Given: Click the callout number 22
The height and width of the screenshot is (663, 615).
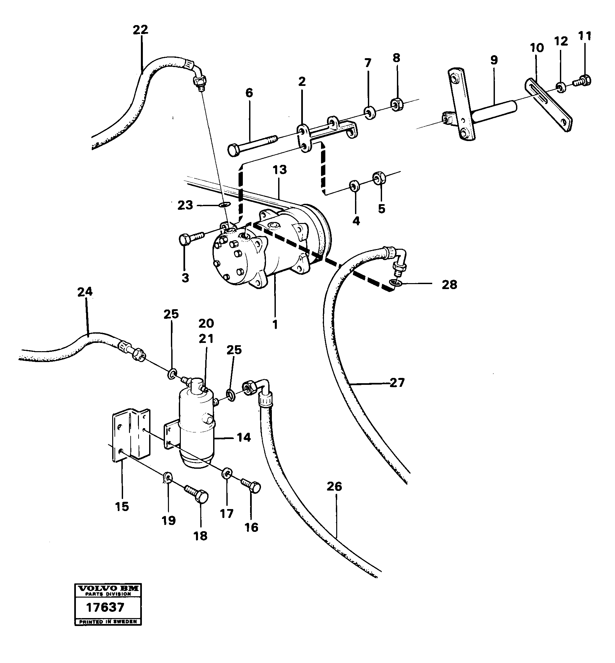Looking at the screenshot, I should point(140,30).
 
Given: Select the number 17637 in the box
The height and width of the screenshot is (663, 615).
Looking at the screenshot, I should point(105,608).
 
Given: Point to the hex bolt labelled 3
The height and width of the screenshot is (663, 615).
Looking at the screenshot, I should point(190,239).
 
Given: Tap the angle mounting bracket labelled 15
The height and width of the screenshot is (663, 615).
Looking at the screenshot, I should point(131,434).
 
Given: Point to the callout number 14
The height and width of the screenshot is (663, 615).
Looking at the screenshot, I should point(243,437).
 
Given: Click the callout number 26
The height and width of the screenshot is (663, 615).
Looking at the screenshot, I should point(334,486).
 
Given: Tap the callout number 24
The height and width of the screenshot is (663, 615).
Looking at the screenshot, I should point(85,292).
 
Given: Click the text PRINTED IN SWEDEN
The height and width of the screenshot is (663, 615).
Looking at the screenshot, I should point(108,622).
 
